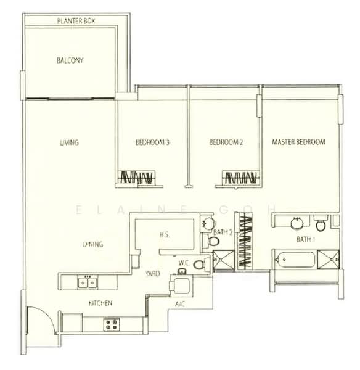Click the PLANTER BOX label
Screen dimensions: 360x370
coord(76,21)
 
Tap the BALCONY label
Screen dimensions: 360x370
coord(70,60)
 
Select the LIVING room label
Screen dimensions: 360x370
coord(70,142)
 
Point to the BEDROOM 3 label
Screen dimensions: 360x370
coord(152,142)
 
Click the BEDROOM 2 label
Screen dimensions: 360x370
coord(226,142)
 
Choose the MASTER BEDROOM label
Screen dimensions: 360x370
coord(298,142)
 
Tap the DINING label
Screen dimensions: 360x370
coord(93,244)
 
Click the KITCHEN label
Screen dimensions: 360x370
coord(100,303)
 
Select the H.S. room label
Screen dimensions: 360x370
coord(165,234)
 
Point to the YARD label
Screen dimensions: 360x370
coord(153,273)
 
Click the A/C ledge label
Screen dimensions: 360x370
coord(180,304)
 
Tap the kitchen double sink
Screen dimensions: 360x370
coord(88,282)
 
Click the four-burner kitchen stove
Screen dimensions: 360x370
coord(112,324)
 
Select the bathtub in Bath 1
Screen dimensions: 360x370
coord(295,260)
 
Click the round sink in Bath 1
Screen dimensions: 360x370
coord(297,223)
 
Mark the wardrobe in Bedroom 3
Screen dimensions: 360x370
coord(137,177)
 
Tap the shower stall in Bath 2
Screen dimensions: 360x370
coord(224,260)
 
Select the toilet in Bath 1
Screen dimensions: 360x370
coord(321,224)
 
